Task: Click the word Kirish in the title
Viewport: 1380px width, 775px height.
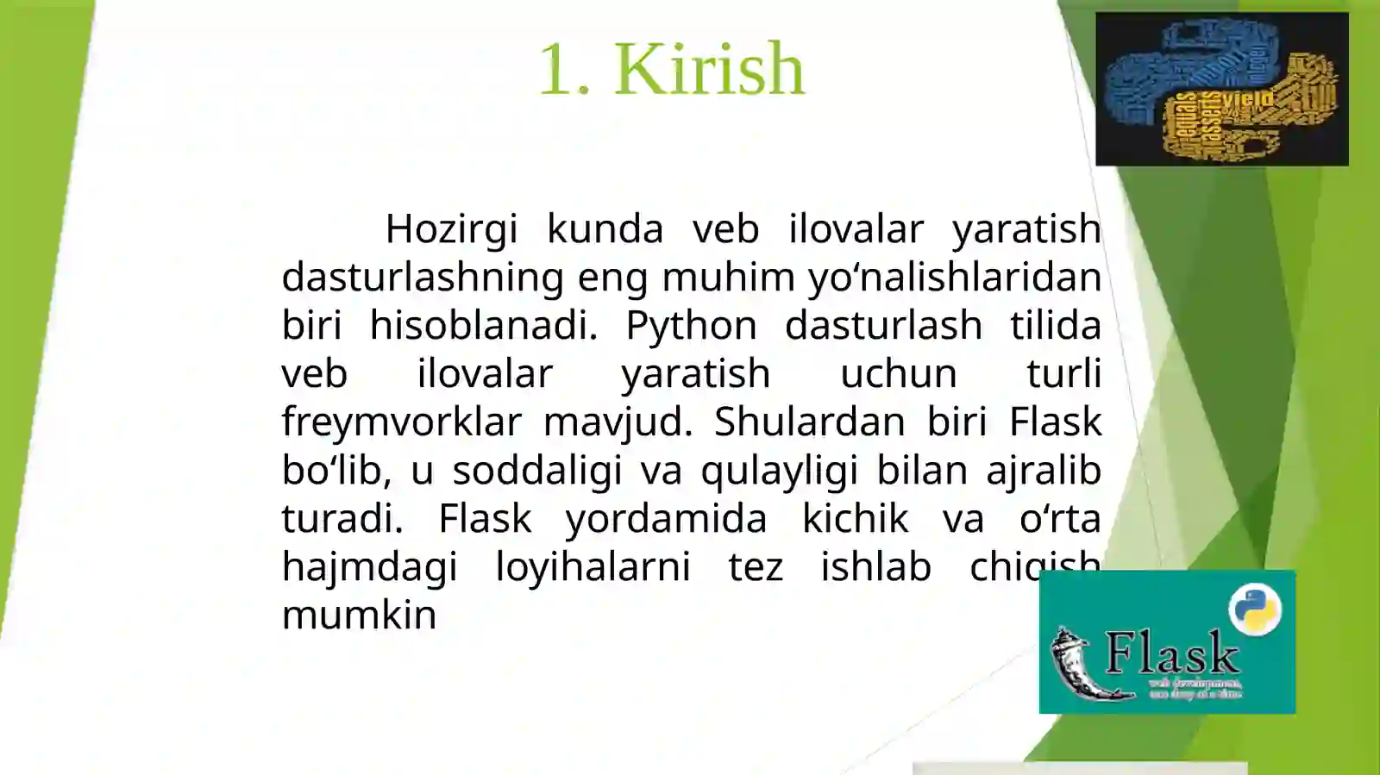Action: tap(709, 69)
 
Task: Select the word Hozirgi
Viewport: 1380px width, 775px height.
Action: tap(451, 229)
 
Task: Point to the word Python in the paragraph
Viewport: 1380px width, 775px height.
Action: tap(691, 326)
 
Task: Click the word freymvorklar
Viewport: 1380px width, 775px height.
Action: tap(402, 422)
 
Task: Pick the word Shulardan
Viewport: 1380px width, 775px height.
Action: tap(809, 422)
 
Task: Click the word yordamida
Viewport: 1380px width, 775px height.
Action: tap(666, 519)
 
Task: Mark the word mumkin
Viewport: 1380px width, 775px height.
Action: tap(359, 616)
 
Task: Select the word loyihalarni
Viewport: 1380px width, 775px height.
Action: tap(593, 567)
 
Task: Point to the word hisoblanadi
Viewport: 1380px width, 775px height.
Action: tap(483, 326)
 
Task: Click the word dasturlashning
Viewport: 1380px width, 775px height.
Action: tap(423, 278)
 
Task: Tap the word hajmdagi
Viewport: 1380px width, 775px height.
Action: tap(369, 567)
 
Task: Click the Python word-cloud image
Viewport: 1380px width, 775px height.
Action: tap(1221, 89)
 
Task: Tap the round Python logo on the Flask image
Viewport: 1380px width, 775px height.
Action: tap(1255, 609)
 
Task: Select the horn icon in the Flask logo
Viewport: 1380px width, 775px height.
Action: tap(1078, 664)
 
